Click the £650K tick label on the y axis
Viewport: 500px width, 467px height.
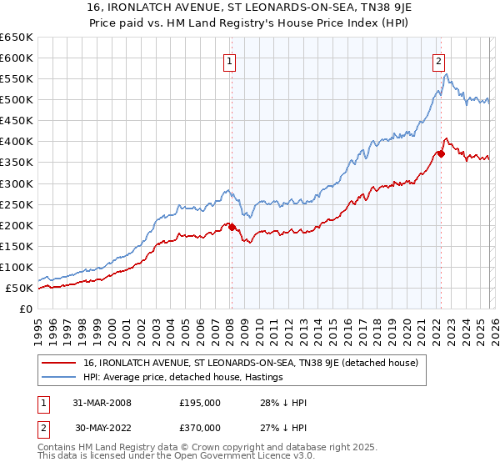pos(17,38)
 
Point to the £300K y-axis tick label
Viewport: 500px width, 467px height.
pos(17,183)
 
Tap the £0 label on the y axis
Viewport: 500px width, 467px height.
pos(26,309)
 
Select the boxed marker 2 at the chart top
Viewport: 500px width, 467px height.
pos(438,60)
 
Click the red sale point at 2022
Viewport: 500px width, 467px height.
pos(440,153)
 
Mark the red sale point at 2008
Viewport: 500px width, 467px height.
pos(231,227)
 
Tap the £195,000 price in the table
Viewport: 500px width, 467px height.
pos(200,403)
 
